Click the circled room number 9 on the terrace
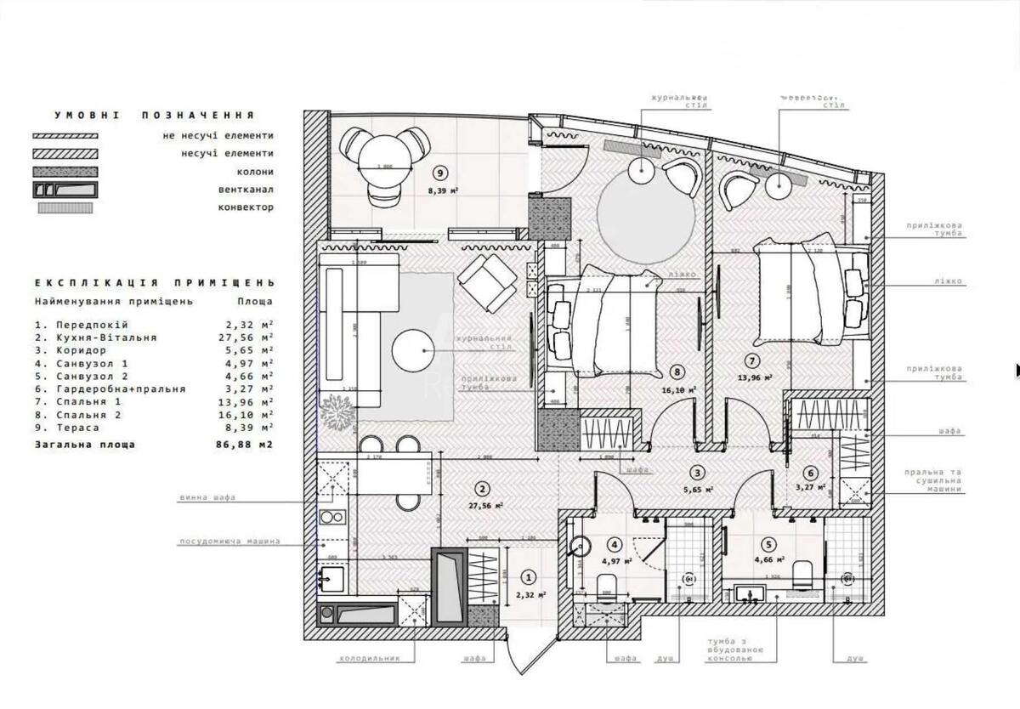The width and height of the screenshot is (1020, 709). coord(439,175)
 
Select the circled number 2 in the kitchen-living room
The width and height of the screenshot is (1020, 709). coord(482,489)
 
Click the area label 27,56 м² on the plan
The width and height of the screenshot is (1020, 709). coord(485,505)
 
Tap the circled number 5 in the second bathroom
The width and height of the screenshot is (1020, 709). coord(768,545)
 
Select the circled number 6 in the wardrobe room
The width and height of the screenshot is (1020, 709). coord(811,474)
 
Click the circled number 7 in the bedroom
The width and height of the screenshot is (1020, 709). coord(752,360)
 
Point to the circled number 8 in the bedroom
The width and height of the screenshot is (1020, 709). coord(677,372)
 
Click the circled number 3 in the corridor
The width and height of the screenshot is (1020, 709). coord(696,474)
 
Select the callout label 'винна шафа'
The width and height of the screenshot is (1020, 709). coord(207,497)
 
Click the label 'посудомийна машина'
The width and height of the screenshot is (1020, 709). coord(229,542)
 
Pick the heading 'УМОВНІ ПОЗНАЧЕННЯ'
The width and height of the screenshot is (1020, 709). coord(154,115)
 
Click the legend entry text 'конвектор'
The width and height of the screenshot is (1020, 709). coord(246,207)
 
